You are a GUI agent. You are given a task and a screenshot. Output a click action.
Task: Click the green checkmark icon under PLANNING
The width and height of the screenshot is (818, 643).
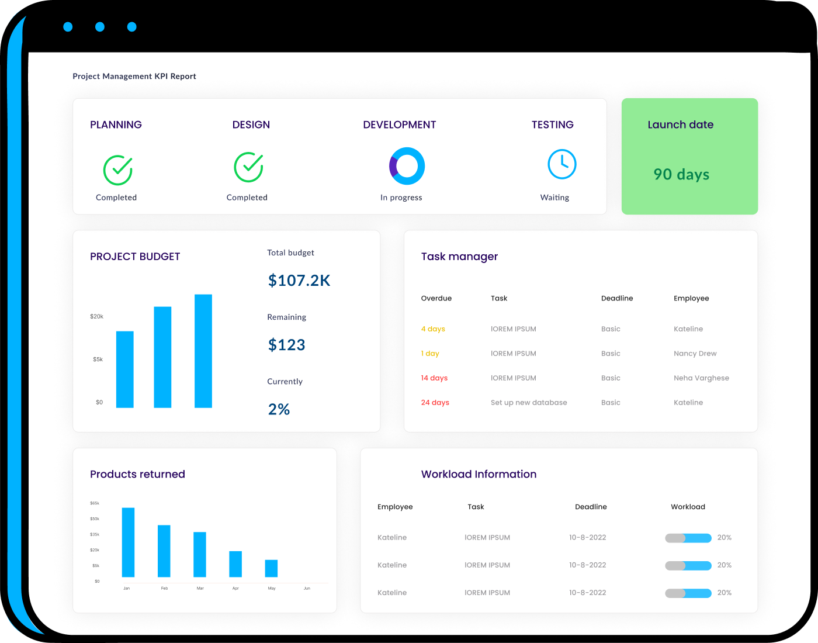tap(117, 170)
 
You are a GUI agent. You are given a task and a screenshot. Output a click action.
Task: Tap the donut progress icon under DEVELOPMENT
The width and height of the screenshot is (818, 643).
tap(407, 166)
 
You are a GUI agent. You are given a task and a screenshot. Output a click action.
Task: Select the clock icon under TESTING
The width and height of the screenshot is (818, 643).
tap(561, 164)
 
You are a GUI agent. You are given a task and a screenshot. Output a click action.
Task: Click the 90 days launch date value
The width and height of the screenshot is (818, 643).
tap(681, 174)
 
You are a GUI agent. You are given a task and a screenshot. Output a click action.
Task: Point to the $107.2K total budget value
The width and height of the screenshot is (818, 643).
tap(299, 281)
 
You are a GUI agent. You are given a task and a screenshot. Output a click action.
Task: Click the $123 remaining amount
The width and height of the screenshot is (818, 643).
tap(286, 345)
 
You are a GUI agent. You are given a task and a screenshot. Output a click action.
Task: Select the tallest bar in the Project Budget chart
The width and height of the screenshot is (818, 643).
tap(203, 351)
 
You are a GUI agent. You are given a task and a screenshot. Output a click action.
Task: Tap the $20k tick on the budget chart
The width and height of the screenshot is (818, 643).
tap(96, 316)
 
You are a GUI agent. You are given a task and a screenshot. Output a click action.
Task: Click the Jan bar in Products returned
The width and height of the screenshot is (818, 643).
tap(128, 542)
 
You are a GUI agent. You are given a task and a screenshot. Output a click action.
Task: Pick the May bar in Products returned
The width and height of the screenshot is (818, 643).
tap(271, 568)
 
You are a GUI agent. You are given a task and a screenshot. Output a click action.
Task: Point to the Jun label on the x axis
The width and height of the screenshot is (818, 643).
tap(307, 588)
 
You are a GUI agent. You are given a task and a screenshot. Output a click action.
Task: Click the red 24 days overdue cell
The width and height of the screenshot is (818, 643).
tap(435, 403)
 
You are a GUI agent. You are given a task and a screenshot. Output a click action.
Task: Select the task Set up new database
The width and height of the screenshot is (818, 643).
tap(529, 403)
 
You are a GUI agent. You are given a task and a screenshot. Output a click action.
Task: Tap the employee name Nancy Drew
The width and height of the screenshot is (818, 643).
tap(695, 354)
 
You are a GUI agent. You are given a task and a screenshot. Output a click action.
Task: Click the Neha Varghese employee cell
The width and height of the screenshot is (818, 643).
tap(701, 378)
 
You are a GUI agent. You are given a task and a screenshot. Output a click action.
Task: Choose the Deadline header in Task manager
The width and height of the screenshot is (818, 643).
tap(617, 298)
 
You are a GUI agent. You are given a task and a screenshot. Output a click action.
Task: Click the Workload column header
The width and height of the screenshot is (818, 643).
tap(688, 507)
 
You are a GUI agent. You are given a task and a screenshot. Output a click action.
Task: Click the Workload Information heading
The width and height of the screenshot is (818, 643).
tap(479, 474)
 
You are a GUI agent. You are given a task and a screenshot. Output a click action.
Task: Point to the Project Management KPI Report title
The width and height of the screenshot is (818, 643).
tap(134, 76)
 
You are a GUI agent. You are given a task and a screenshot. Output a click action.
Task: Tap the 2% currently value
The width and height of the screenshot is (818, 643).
tap(279, 409)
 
